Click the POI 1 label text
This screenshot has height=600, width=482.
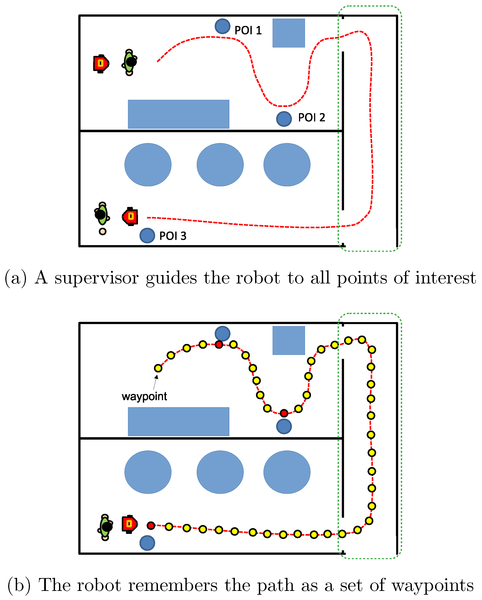pos(248,30)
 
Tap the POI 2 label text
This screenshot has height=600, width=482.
pos(311,117)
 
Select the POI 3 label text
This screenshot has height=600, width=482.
pos(173,236)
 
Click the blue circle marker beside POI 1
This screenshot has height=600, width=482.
pos(222,26)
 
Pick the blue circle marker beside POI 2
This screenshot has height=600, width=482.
pos(284,119)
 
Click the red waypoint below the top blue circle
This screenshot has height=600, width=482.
pos(219,344)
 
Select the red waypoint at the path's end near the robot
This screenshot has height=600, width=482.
pos(151,525)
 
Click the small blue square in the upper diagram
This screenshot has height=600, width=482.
pos(289,33)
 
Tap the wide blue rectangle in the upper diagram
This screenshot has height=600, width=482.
pos(178,114)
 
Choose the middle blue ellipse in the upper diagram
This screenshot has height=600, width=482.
pos(220,164)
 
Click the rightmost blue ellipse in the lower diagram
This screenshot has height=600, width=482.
pos(287,472)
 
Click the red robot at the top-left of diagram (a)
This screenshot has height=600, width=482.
pos(101,64)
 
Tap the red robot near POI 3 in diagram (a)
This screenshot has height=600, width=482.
pos(130,216)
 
